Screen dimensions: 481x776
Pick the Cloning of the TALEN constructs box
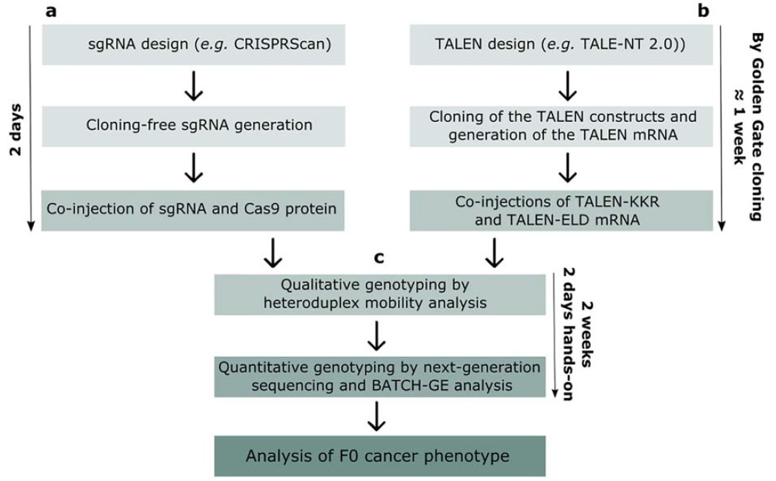click(x=567, y=125)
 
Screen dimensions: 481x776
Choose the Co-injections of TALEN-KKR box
click(x=567, y=209)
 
